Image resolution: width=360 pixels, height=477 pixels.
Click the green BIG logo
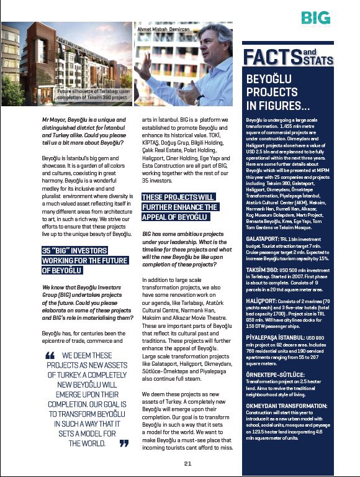[x=315, y=17]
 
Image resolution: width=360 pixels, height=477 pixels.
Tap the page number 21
[x=187, y=463]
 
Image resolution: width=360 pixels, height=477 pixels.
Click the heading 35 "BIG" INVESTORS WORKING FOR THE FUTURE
[x=84, y=260]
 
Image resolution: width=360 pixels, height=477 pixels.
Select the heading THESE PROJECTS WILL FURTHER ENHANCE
[x=178, y=207]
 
